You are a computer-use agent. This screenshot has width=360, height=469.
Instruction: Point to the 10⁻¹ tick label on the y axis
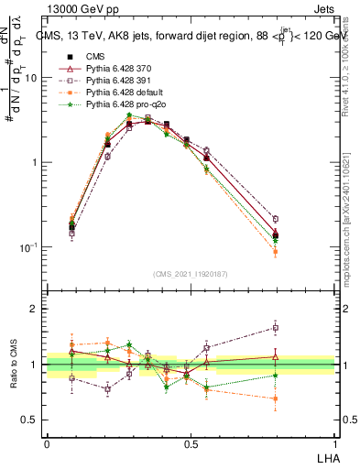(27, 247)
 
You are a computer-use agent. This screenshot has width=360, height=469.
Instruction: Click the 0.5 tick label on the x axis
(191, 442)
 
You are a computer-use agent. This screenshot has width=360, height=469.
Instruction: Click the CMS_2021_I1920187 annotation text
(191, 272)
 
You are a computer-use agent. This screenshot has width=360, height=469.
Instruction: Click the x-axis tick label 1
(334, 442)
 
